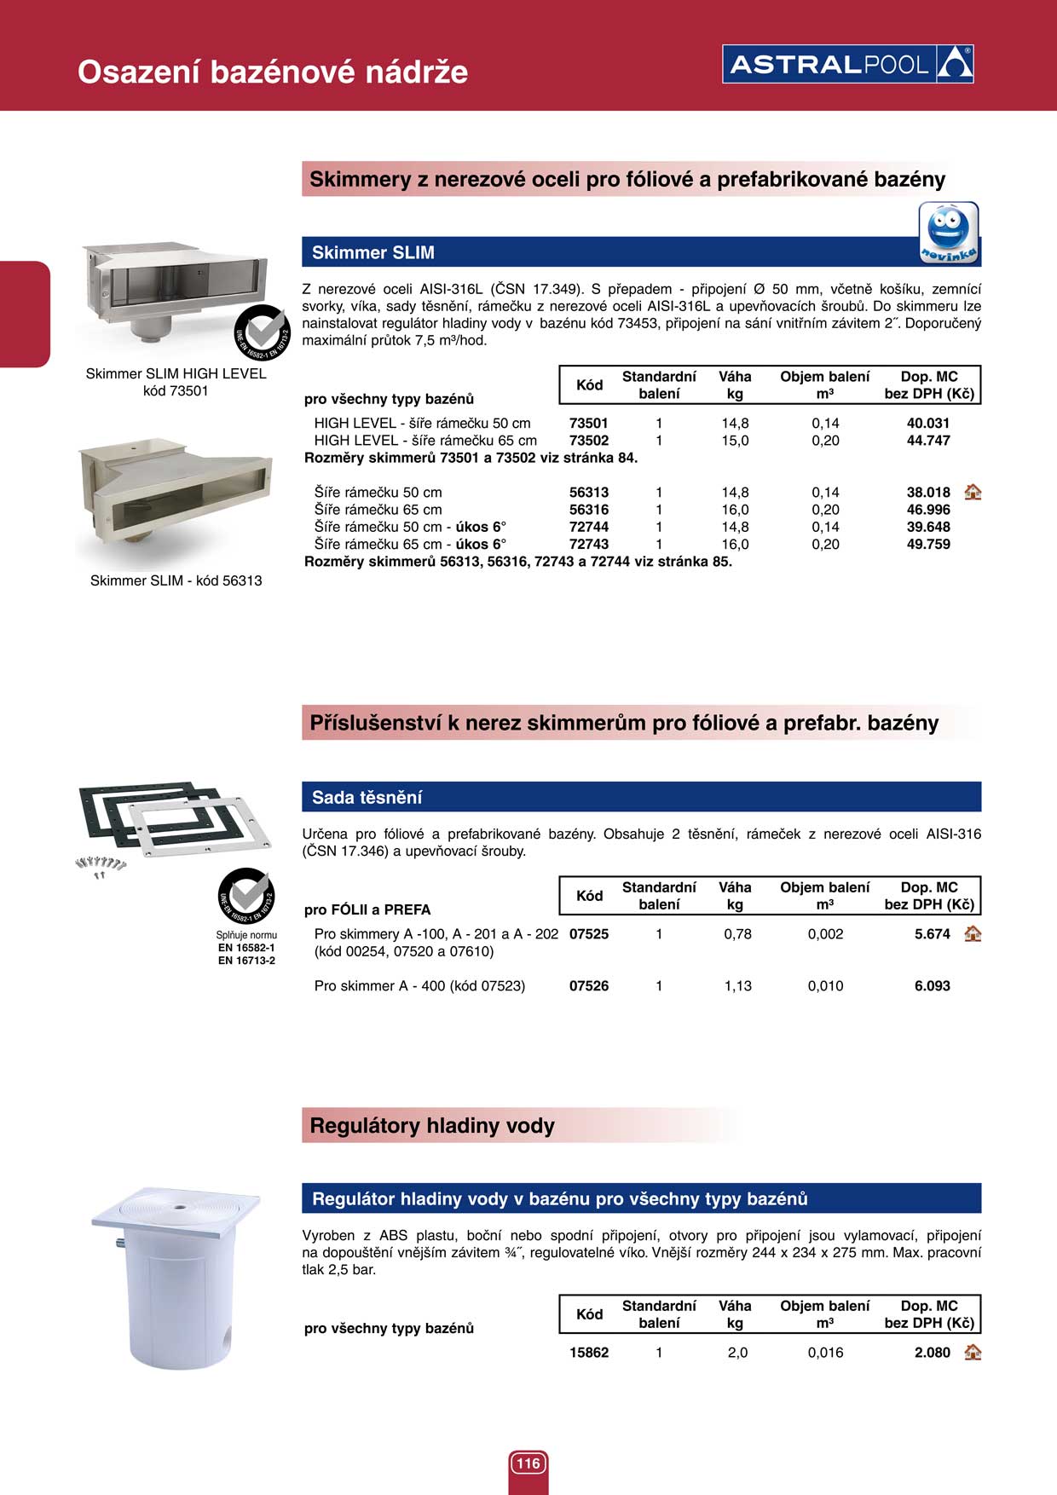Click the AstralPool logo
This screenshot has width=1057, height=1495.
point(847,64)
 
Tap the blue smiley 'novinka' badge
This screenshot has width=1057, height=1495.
point(948,233)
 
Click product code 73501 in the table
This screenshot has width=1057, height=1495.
point(588,424)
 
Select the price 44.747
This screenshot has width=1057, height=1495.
point(927,441)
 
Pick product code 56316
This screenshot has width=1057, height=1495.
point(588,510)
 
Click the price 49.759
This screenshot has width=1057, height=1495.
point(927,545)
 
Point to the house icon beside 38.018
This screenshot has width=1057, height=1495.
point(973,492)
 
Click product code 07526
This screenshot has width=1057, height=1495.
point(588,986)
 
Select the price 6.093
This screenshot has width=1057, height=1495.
point(932,986)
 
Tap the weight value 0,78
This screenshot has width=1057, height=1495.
point(737,934)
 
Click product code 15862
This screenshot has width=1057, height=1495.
point(588,1353)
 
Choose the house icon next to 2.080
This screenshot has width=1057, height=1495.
point(973,1353)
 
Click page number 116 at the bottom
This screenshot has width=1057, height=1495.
point(528,1463)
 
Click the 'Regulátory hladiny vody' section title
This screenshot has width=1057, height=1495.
point(432,1126)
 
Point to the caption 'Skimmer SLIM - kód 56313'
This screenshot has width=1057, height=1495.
point(176,581)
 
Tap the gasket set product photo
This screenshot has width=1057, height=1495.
point(170,821)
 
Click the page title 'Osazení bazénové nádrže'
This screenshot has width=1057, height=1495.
point(273,72)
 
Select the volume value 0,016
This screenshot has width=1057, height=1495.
point(825,1353)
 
